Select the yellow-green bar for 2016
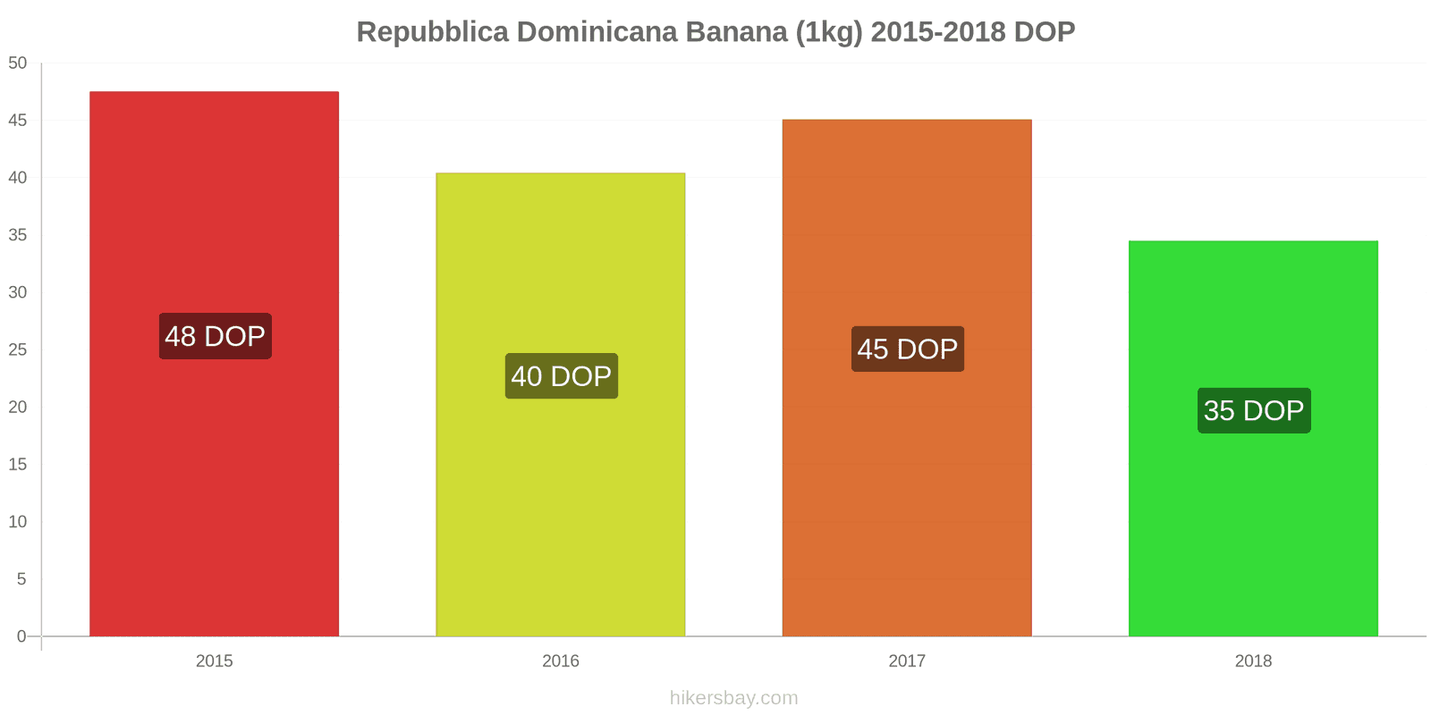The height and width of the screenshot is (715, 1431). tap(561, 268)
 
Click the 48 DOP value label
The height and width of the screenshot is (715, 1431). tap(215, 336)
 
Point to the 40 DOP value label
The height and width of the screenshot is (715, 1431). tap(561, 376)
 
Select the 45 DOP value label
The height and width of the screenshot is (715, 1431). tap(907, 349)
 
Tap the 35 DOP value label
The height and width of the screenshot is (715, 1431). tap(1254, 410)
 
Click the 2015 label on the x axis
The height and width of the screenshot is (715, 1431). tap(214, 661)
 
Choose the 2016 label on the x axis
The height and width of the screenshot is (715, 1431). tap(561, 661)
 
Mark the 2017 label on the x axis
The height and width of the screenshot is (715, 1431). tap(907, 661)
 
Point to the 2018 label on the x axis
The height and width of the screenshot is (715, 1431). tap(1253, 661)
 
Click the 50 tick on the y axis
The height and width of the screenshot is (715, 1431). tap(18, 63)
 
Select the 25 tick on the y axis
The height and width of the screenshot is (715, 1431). tap(18, 349)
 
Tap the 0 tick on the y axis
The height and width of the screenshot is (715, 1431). tap(22, 636)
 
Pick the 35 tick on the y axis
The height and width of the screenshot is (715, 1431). tap(18, 235)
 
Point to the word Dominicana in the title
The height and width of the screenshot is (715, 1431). tap(597, 32)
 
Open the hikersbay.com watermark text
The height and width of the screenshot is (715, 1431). tap(733, 698)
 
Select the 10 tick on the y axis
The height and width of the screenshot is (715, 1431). tap(18, 522)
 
